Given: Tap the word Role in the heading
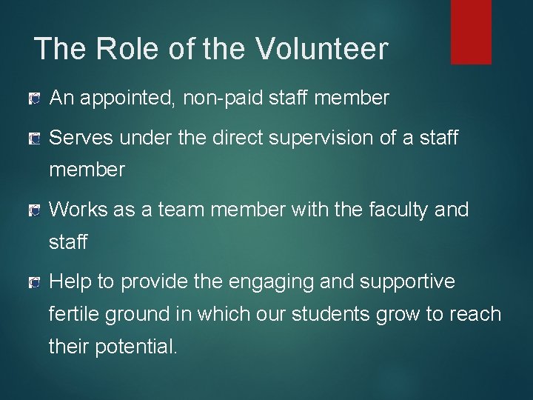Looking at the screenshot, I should point(121,49).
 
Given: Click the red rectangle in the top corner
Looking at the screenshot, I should point(471,32).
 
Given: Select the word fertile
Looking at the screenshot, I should point(75,315).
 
